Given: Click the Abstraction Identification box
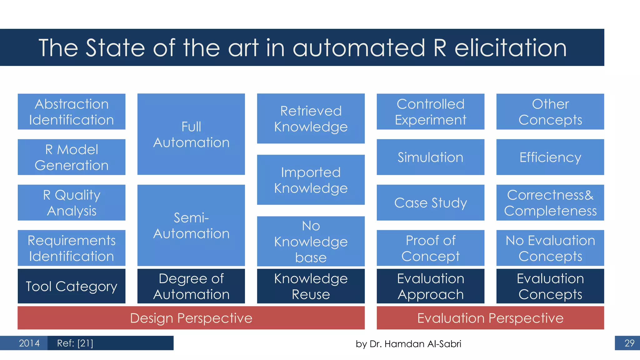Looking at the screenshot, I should click(x=72, y=112).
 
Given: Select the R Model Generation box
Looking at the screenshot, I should click(x=72, y=157).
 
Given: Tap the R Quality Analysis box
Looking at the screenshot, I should click(x=72, y=202).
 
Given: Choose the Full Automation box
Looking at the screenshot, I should click(x=191, y=134).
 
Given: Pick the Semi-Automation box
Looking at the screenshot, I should click(x=191, y=225).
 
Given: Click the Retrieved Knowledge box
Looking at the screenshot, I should click(x=311, y=118).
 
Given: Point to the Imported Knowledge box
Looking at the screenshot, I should click(x=311, y=180).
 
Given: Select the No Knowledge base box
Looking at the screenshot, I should click(x=311, y=241).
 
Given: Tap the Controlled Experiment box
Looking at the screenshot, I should click(x=430, y=112).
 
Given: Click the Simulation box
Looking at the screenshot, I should click(x=430, y=157).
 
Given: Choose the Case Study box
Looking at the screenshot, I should click(x=430, y=202).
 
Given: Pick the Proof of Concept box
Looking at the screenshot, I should click(x=430, y=248).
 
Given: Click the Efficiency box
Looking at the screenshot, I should click(x=550, y=157).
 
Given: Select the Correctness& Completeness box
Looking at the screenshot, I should click(x=550, y=202).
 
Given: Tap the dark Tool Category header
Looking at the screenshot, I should click(x=72, y=286).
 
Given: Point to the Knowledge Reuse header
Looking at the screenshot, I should click(x=311, y=286).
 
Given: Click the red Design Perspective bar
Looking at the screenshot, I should click(x=191, y=318).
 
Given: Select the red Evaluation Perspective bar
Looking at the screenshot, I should click(x=490, y=318).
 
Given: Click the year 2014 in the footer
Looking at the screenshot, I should click(x=29, y=343).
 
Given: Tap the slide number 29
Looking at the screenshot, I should click(x=629, y=343).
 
